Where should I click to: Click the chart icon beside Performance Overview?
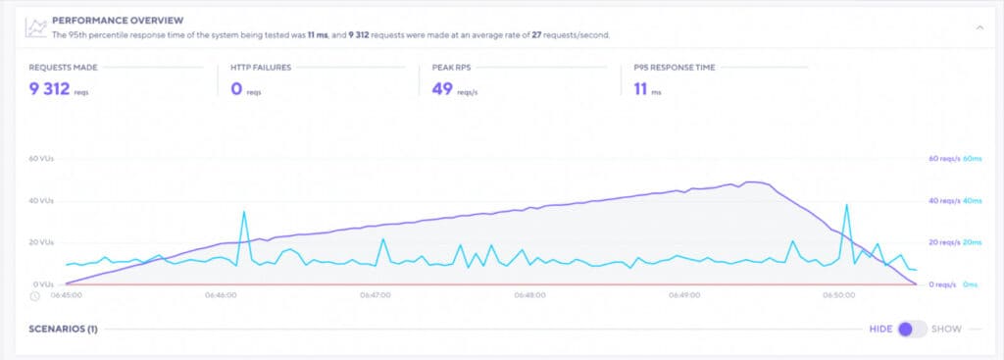tap(35, 26)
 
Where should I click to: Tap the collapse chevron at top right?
tap(978, 27)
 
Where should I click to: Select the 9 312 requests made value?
tap(48, 89)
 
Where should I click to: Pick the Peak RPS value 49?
tap(442, 89)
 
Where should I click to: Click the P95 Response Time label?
tap(675, 68)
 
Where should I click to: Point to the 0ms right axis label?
tap(971, 284)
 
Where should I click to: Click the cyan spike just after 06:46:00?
tap(244, 212)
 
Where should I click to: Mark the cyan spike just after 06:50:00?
tap(846, 205)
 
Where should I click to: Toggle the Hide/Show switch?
tap(912, 329)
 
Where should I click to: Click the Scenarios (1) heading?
tap(63, 329)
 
